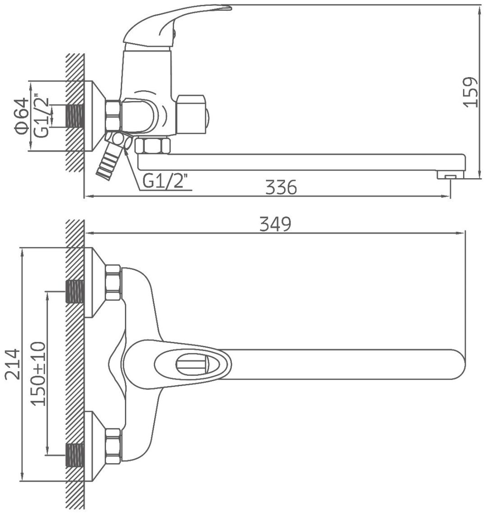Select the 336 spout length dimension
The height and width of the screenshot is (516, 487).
coord(281,187)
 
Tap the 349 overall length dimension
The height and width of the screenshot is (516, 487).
coord(276,224)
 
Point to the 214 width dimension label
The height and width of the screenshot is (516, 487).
coord(13,364)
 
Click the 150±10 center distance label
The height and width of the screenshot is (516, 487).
coord(38,373)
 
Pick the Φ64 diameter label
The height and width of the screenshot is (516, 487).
coord(21,116)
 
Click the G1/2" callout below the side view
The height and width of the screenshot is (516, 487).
coord(167,181)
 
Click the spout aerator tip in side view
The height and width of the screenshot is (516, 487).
coord(450,175)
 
